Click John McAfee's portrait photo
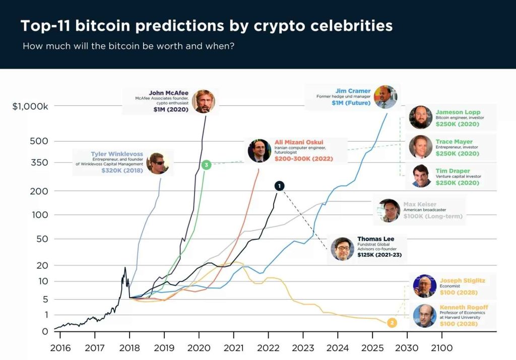click(203, 101)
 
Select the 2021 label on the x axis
click(233, 348)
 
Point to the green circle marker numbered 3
click(206, 165)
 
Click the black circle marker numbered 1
click(280, 186)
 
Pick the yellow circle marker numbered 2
click(392, 323)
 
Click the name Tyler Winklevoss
click(117, 154)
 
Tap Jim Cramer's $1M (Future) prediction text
click(351, 103)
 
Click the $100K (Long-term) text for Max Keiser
click(432, 217)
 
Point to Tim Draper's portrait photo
click(420, 176)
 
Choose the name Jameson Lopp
click(458, 112)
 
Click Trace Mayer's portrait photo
click(420, 147)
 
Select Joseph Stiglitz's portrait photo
click(424, 286)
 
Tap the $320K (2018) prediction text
click(122, 171)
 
